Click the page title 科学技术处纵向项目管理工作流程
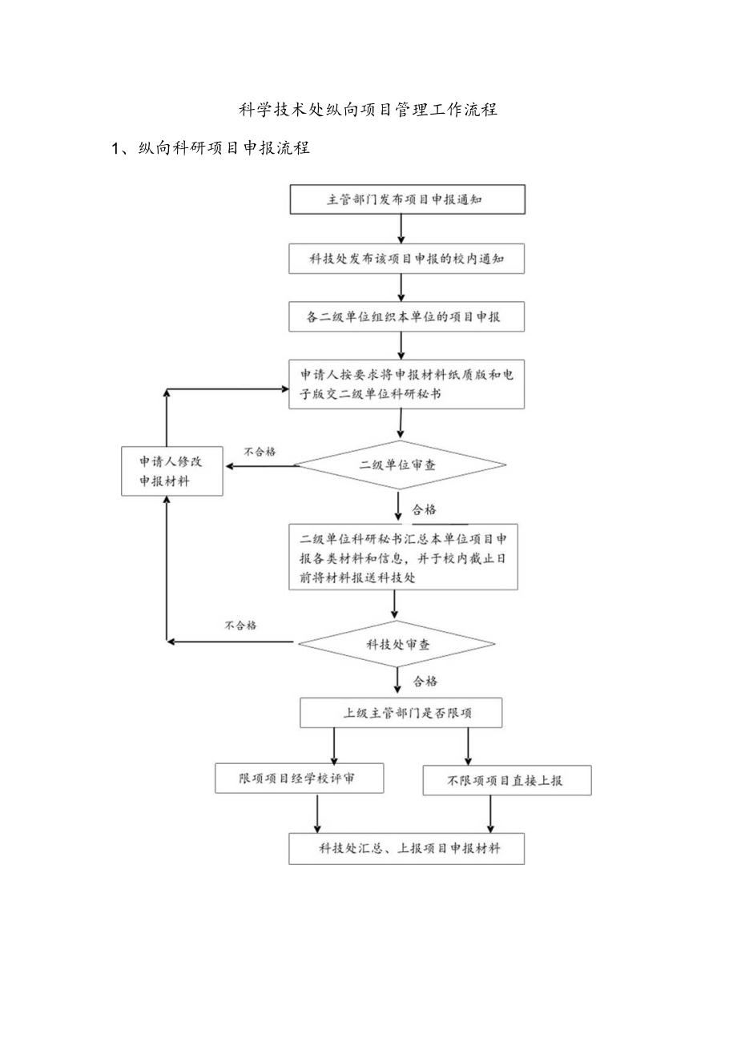pyautogui.click(x=368, y=110)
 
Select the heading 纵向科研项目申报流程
pyautogui.click(x=224, y=148)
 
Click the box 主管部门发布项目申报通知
pyautogui.click(x=407, y=199)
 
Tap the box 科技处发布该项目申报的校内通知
pyautogui.click(x=407, y=259)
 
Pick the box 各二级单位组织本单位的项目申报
pyautogui.click(x=407, y=317)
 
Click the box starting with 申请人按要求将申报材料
pyautogui.click(x=407, y=384)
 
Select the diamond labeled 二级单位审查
pyautogui.click(x=401, y=465)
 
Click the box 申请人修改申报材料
pyautogui.click(x=171, y=471)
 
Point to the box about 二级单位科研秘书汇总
pyautogui.click(x=403, y=557)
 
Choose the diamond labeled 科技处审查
pyautogui.click(x=397, y=643)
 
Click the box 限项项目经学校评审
pyautogui.click(x=299, y=778)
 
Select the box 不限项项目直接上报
pyautogui.click(x=506, y=780)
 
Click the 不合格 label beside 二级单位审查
pyautogui.click(x=259, y=452)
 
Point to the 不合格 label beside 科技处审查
pyautogui.click(x=240, y=625)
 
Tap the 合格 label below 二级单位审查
pyautogui.click(x=425, y=509)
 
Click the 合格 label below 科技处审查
pyautogui.click(x=425, y=682)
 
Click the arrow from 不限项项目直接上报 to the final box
pyautogui.click(x=490, y=814)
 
